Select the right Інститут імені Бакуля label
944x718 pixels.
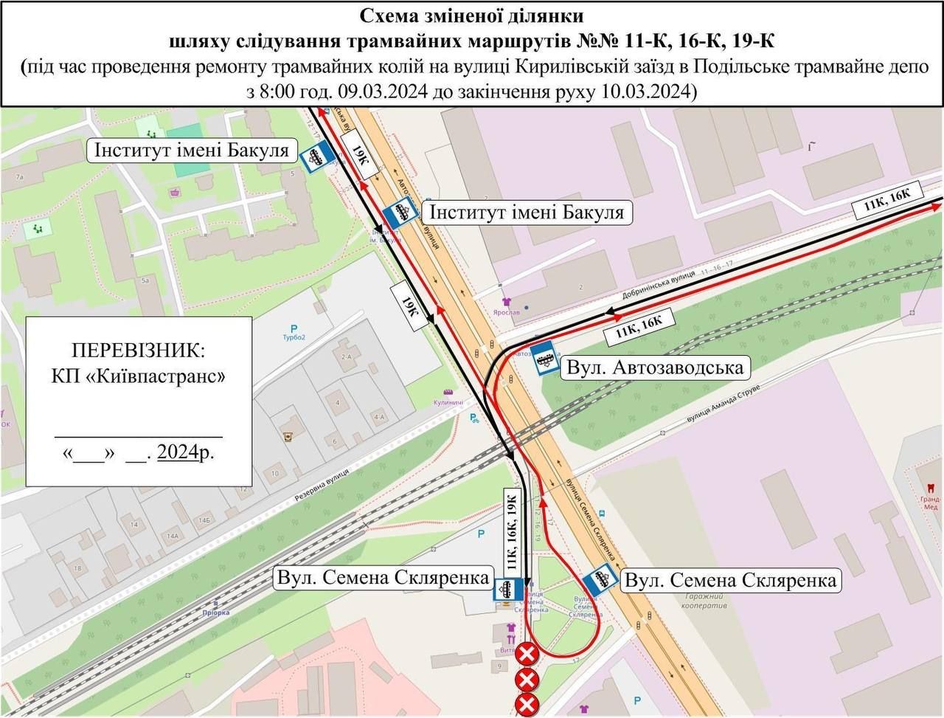pyautogui.click(x=527, y=213)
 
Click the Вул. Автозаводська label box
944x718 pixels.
pyautogui.click(x=654, y=367)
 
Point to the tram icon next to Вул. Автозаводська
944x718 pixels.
pyautogui.click(x=544, y=359)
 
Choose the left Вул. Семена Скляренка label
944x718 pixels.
pyautogui.click(x=383, y=577)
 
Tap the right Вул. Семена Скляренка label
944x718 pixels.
pyautogui.click(x=731, y=580)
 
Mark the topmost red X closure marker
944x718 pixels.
pyautogui.click(x=527, y=654)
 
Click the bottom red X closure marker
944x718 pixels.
pyautogui.click(x=527, y=704)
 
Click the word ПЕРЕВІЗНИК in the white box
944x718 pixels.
pyautogui.click(x=139, y=349)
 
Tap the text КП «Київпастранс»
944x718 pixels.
pyautogui.click(x=139, y=376)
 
